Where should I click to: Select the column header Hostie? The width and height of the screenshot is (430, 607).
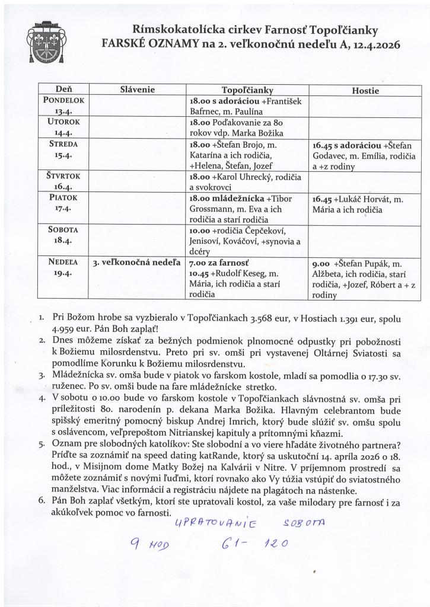point(365,91)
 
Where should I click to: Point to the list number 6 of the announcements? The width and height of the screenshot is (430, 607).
point(42,501)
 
